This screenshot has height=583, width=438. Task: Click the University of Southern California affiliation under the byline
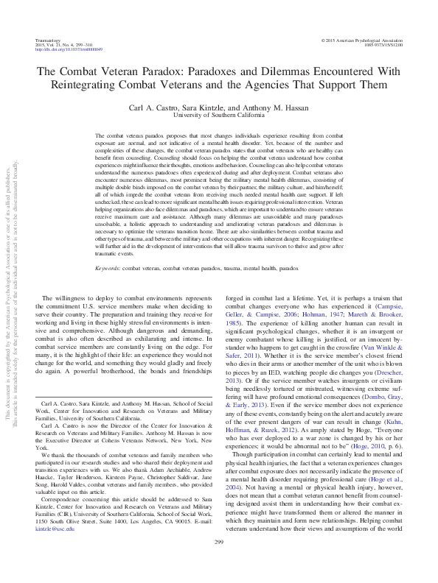tap(218, 116)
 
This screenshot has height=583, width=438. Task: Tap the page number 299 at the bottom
tap(218, 563)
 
